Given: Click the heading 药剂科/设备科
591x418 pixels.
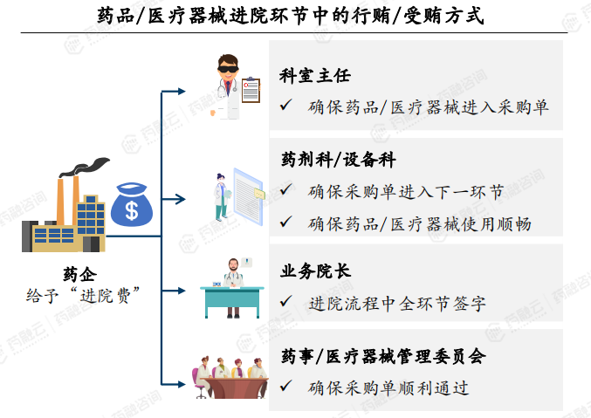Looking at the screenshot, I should point(339,161).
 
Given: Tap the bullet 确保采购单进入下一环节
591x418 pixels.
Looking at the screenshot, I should point(405,191).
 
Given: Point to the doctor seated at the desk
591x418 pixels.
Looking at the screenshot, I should point(231,289).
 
